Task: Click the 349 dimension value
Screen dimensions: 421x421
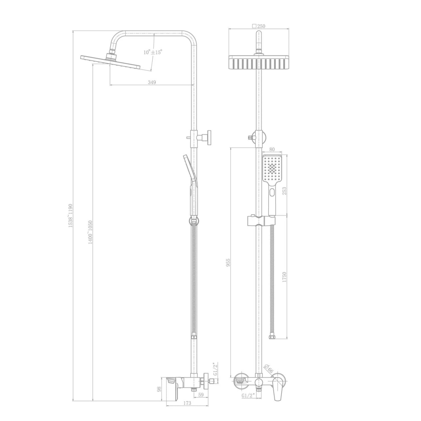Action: tap(152, 82)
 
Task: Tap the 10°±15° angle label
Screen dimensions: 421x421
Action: tap(153, 52)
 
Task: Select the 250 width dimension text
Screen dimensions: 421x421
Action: tap(259, 26)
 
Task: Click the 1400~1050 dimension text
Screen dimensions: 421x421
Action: tap(90, 232)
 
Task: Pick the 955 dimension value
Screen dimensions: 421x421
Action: tap(228, 262)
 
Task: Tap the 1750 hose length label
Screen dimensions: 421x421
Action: tap(284, 277)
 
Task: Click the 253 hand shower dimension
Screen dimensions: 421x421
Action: tap(284, 191)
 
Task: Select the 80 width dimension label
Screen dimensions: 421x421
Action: tap(272, 149)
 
